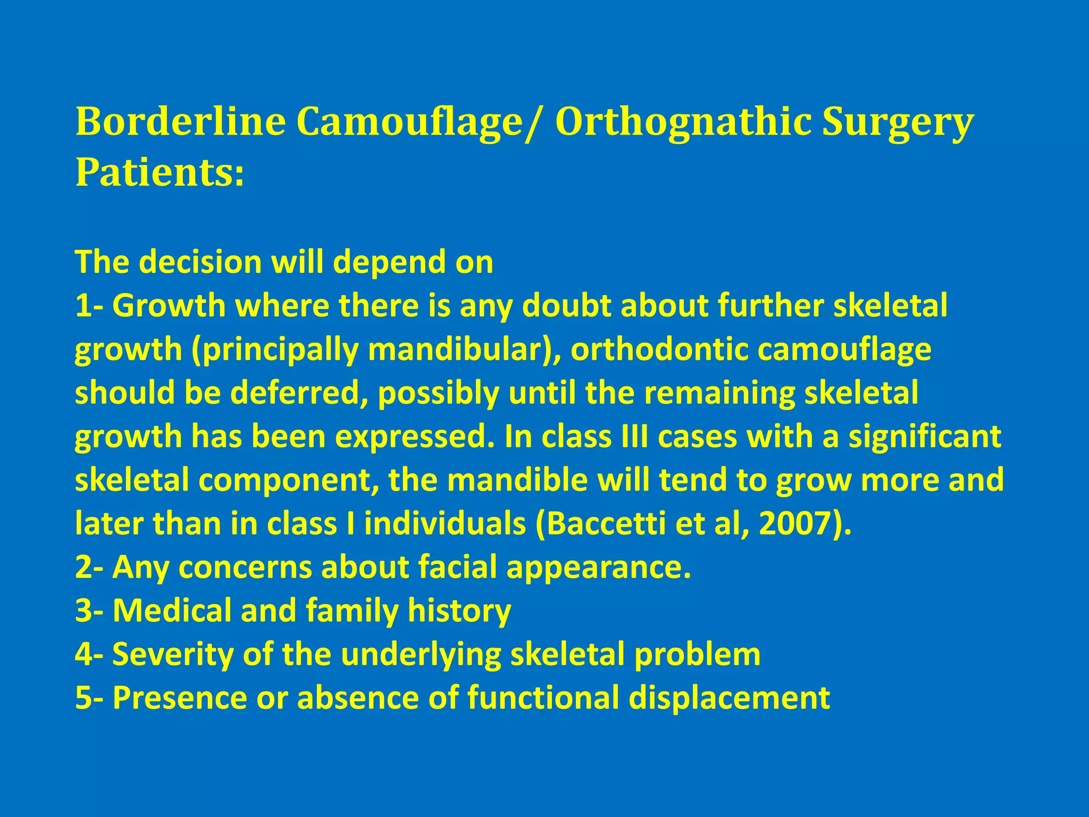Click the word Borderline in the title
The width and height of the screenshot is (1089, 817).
pyautogui.click(x=181, y=122)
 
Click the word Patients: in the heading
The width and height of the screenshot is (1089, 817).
pyautogui.click(x=160, y=173)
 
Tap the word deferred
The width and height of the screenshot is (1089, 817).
pyautogui.click(x=298, y=393)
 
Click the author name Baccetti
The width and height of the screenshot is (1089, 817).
pyautogui.click(x=606, y=523)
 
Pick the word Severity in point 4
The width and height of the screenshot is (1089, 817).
pyautogui.click(x=173, y=654)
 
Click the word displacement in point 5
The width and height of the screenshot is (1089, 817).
pyautogui.click(x=729, y=698)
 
